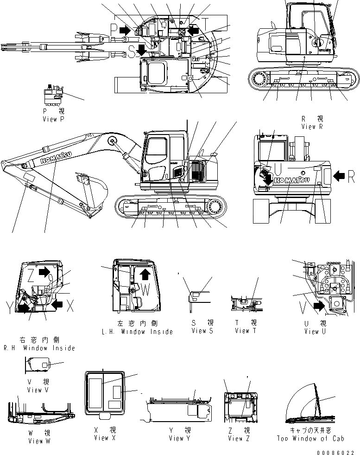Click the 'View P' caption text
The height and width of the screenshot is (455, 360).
pos(56,119)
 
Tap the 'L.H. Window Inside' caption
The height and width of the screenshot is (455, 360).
pos(137,332)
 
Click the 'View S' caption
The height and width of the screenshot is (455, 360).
pos(202,331)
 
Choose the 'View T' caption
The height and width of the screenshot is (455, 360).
pos(248,331)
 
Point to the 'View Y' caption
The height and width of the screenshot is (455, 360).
pos(180,438)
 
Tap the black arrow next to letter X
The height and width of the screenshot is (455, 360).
pos(57,304)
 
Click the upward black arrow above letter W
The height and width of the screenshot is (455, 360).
pos(145,274)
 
